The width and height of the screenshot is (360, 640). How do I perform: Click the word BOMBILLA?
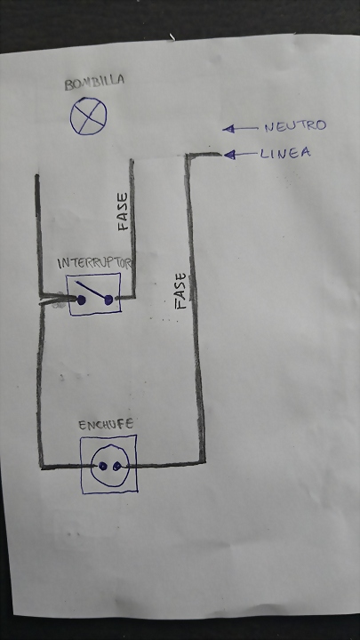pos(94,82)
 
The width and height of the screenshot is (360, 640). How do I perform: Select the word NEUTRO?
pos(295,125)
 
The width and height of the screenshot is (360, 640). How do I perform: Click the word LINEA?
pos(285,154)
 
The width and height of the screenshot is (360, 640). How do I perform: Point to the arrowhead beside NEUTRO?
pos(228,129)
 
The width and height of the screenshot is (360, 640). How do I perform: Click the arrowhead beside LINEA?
pos(230,155)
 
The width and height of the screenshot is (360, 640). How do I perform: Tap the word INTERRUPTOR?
pos(95,263)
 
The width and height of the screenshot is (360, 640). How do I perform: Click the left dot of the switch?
pos(81,300)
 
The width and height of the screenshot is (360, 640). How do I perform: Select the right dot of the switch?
pos(108,300)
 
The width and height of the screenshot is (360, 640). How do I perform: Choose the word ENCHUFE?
pos(106,425)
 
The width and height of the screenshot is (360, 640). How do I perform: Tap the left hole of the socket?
pos(102,466)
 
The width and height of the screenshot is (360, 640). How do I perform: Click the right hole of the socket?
pos(117,466)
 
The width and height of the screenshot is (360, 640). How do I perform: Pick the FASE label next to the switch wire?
pos(123,212)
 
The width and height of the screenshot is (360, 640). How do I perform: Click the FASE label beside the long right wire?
pos(180,291)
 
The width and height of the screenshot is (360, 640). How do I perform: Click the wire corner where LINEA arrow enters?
pos(188,156)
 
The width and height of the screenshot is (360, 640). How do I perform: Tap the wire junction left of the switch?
pos(43,296)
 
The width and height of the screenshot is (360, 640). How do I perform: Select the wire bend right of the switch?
pos(132,296)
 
